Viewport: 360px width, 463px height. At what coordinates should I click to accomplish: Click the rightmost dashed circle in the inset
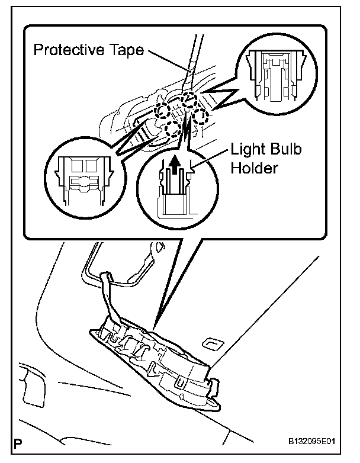202,117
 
